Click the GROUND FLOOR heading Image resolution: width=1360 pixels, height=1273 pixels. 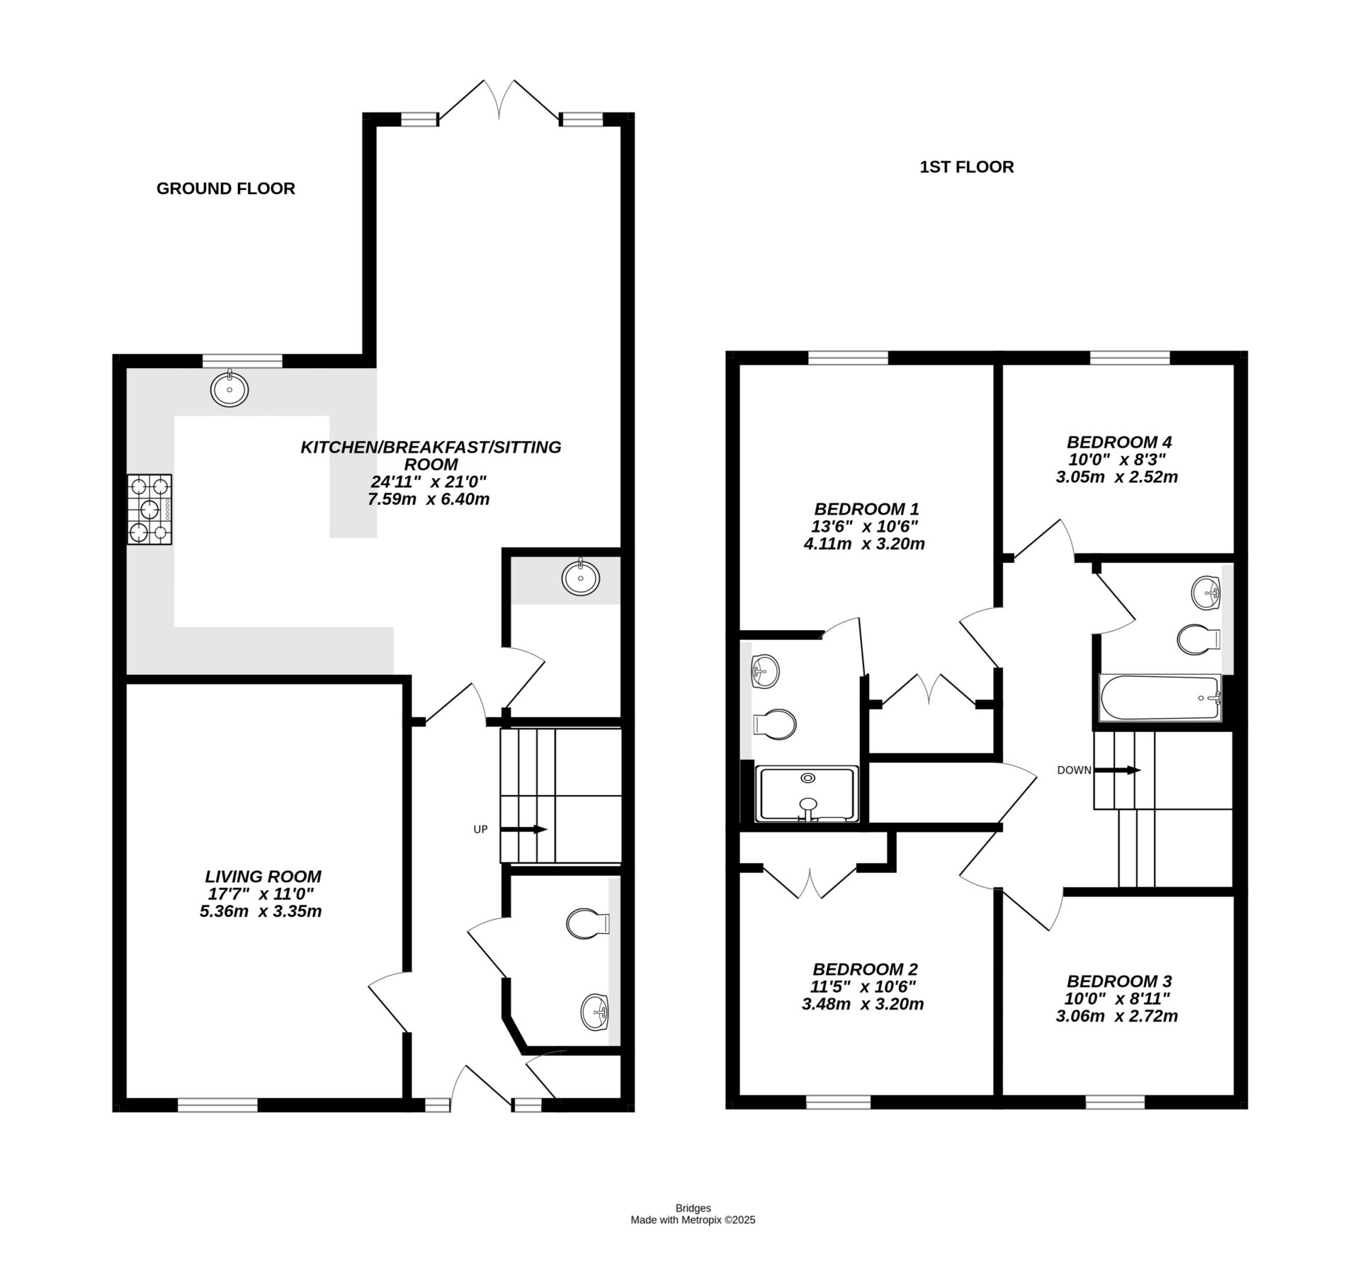(x=225, y=188)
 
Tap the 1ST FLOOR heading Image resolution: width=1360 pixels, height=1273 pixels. (x=966, y=167)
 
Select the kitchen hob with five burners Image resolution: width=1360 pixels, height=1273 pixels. (x=149, y=509)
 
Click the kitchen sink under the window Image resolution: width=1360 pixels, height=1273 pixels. (x=229, y=389)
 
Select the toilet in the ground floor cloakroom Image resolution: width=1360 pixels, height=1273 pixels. (x=588, y=923)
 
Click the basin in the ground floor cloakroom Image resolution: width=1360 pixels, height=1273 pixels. (x=595, y=1012)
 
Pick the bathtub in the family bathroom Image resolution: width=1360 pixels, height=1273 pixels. (x=1160, y=698)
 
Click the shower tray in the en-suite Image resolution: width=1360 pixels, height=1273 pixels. (x=807, y=794)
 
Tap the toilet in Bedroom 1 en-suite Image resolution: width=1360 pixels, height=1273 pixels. (x=775, y=724)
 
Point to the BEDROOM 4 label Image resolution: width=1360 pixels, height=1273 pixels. (x=1119, y=443)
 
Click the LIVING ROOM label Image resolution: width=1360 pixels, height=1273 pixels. (x=263, y=877)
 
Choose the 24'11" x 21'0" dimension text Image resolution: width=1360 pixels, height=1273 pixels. (x=429, y=482)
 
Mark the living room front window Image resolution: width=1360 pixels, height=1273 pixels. (x=217, y=1104)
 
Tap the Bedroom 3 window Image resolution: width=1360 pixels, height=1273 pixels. (x=1115, y=1102)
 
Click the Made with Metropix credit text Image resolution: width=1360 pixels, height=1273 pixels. (x=693, y=1220)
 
